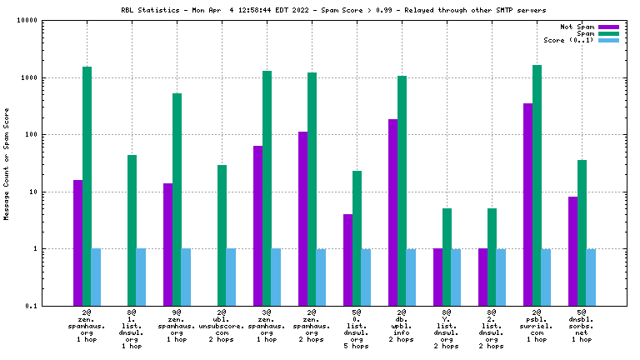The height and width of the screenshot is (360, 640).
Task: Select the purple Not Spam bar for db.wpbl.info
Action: [393, 212]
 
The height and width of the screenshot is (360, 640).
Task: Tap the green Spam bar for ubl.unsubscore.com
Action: [222, 235]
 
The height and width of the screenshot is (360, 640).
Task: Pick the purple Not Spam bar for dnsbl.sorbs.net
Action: [572, 251]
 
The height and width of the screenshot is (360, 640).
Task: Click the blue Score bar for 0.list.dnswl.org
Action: [366, 277]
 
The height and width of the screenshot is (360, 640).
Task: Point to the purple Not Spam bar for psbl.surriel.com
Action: [527, 204]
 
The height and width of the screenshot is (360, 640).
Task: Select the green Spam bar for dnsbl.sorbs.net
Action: [582, 232]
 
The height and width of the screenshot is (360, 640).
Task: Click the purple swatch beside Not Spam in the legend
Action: [609, 27]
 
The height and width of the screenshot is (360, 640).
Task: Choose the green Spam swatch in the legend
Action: [609, 33]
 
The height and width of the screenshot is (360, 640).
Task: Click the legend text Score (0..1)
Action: [568, 40]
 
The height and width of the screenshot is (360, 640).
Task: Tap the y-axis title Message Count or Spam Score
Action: [7, 163]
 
